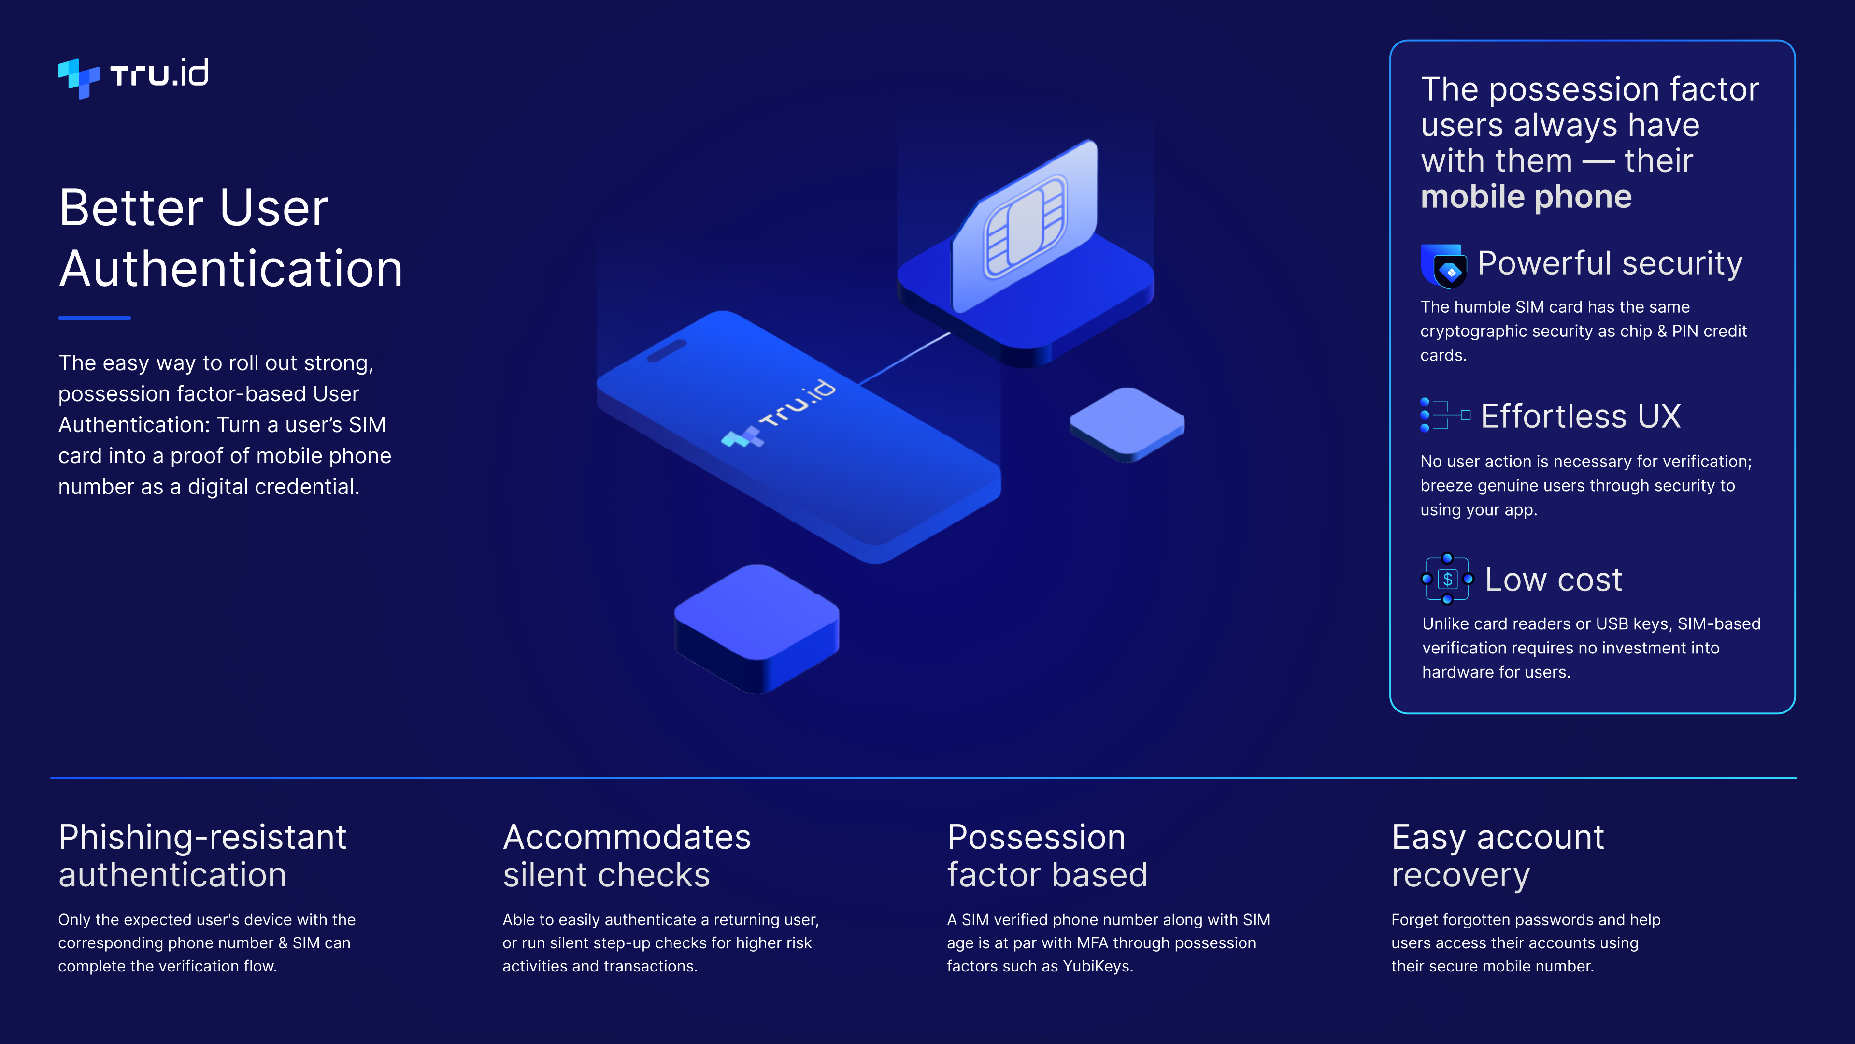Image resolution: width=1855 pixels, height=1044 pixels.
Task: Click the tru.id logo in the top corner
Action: click(x=133, y=76)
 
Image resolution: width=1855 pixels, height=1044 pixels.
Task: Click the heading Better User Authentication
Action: click(x=230, y=238)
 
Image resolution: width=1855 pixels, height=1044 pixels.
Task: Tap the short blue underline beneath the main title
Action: click(x=94, y=317)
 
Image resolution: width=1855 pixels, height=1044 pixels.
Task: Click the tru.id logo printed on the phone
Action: click(x=778, y=414)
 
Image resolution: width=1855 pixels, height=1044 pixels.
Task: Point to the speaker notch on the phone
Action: click(x=666, y=351)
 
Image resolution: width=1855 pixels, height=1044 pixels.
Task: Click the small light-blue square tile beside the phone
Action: click(x=1127, y=424)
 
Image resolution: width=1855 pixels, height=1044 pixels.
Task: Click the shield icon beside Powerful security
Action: click(x=1443, y=266)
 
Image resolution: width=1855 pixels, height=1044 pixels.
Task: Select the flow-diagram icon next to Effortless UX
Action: click(x=1444, y=415)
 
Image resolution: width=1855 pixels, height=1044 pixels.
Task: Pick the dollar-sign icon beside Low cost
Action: click(x=1447, y=579)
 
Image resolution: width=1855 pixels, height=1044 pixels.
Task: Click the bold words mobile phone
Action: click(x=1526, y=197)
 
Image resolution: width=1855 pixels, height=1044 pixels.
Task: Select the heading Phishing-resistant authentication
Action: click(x=202, y=856)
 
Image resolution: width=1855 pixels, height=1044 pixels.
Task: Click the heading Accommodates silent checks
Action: click(x=627, y=856)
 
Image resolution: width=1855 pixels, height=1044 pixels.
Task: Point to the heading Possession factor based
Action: click(x=1047, y=856)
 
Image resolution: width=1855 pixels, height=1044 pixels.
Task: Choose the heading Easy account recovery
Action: click(x=1498, y=856)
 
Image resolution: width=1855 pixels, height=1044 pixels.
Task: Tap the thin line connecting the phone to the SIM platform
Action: click(x=904, y=358)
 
